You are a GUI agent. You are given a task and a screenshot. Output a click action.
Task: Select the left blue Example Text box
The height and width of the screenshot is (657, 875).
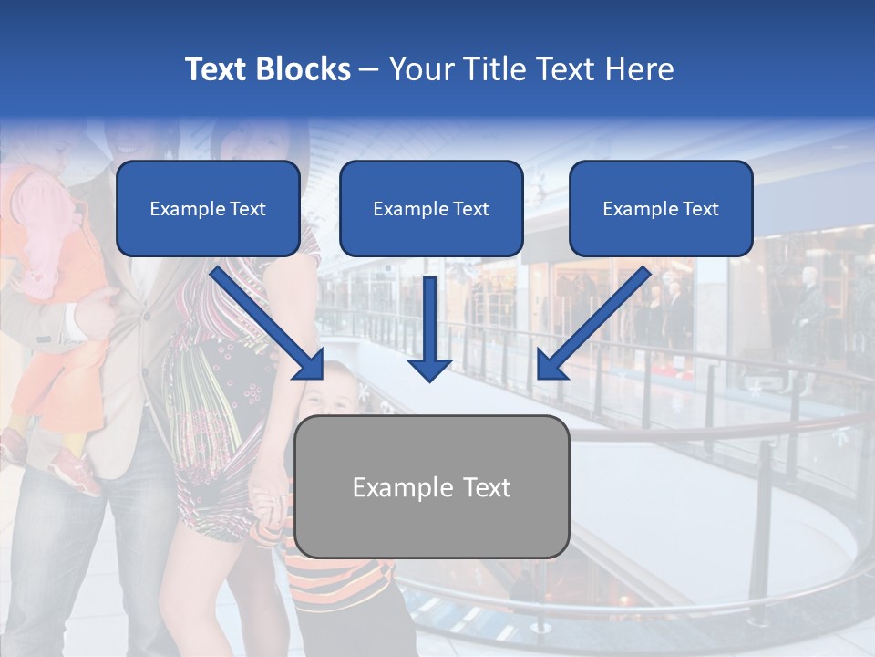tap(208, 209)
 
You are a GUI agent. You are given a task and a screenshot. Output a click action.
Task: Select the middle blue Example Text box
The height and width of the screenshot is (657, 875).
tap(431, 209)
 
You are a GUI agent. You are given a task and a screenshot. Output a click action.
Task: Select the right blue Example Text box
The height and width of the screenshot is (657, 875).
tap(661, 209)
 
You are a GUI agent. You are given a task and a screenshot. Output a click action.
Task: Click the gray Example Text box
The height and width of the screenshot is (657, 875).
tap(432, 487)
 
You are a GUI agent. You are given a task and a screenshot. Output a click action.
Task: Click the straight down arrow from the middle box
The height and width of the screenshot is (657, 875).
tap(430, 328)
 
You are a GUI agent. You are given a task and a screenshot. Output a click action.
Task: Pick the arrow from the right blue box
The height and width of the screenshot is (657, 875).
tap(593, 322)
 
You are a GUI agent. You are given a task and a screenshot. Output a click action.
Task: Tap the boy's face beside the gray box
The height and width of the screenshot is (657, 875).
tap(330, 391)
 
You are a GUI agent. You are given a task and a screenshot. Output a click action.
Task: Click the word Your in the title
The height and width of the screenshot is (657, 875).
tap(421, 69)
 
